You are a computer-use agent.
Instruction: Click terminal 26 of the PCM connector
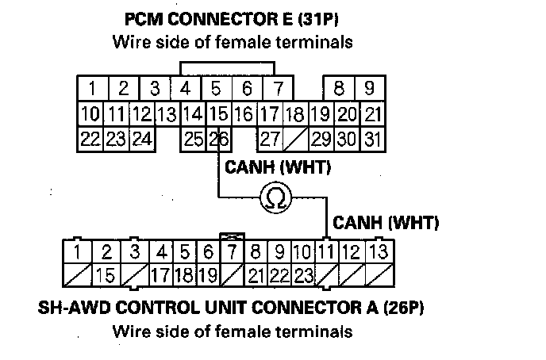click(217, 140)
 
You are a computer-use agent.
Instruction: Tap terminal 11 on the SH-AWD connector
click(325, 253)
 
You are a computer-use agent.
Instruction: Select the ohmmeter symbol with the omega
click(275, 197)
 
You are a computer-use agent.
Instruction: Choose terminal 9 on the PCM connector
click(369, 86)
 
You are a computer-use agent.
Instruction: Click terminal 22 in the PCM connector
click(90, 140)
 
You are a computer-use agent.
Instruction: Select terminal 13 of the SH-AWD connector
click(379, 253)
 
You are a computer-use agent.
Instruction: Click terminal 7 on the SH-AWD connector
click(232, 253)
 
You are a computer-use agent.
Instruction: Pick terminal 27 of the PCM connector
click(270, 140)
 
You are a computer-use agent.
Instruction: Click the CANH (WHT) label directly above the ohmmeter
click(278, 168)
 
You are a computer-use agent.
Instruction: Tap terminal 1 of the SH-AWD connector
click(77, 253)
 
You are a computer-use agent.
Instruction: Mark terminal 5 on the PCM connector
click(216, 86)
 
